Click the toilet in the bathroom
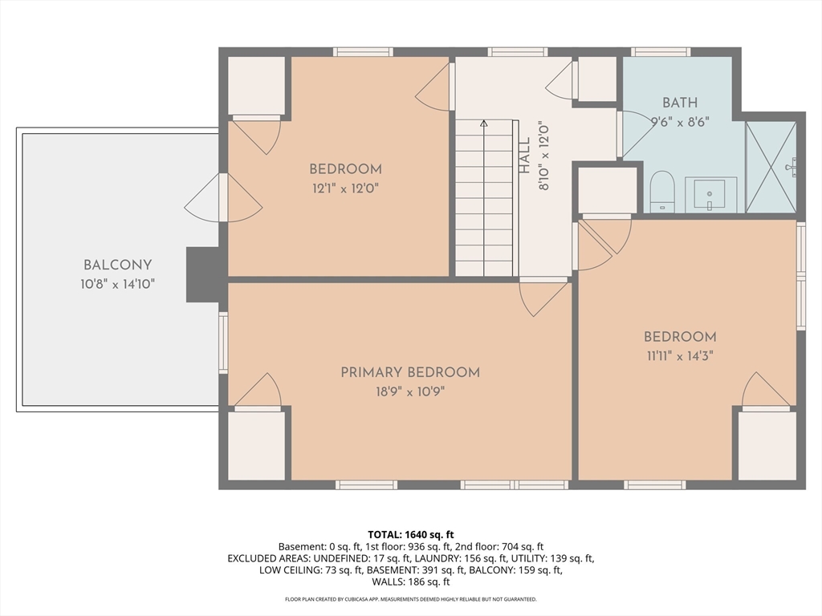[661, 191]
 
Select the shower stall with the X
[771, 167]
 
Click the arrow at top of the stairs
[484, 124]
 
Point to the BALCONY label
[117, 265]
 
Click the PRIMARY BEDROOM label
[410, 372]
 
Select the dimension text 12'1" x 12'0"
[345, 188]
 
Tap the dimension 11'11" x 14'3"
[680, 356]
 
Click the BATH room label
[680, 103]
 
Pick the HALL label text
[525, 156]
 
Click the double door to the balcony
[223, 197]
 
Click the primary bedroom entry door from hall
[543, 297]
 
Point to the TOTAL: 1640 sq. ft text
[411, 535]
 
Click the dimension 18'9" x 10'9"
[410, 391]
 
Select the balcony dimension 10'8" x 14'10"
[117, 285]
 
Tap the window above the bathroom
[660, 52]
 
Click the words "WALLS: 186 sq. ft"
[411, 582]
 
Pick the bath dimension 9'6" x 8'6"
[680, 122]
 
